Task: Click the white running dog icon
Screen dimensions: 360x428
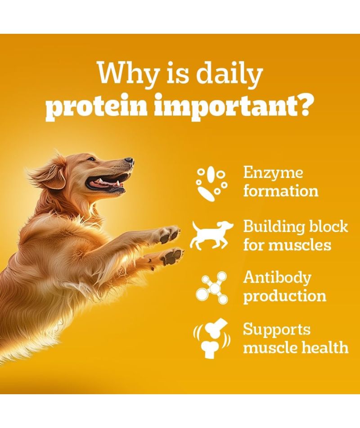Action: pyautogui.click(x=212, y=235)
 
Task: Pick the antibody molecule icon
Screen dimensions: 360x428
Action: pyautogui.click(x=211, y=287)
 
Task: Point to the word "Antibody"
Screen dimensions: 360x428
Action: pyautogui.click(x=277, y=278)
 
